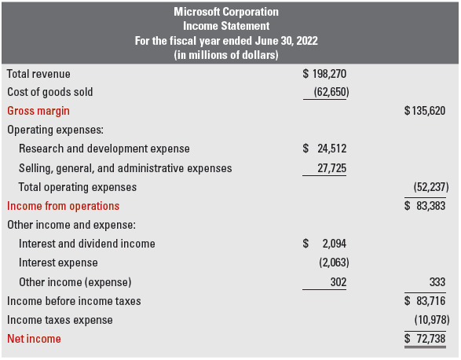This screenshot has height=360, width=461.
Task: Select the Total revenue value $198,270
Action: point(324,74)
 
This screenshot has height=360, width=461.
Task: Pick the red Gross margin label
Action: point(38,111)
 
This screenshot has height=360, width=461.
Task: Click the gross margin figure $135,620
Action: point(424,111)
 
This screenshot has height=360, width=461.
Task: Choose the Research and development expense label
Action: point(104,149)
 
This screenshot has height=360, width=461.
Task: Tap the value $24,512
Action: point(324,149)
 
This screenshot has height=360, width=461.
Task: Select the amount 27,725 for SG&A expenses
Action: point(330,168)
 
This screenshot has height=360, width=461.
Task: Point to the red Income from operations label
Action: point(64,206)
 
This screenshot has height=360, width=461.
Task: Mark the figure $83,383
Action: point(424,206)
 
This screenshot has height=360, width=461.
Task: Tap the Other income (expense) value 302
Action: point(338,281)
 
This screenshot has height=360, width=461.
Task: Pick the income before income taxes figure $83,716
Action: point(424,301)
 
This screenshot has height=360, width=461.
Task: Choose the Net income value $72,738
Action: point(424,339)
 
